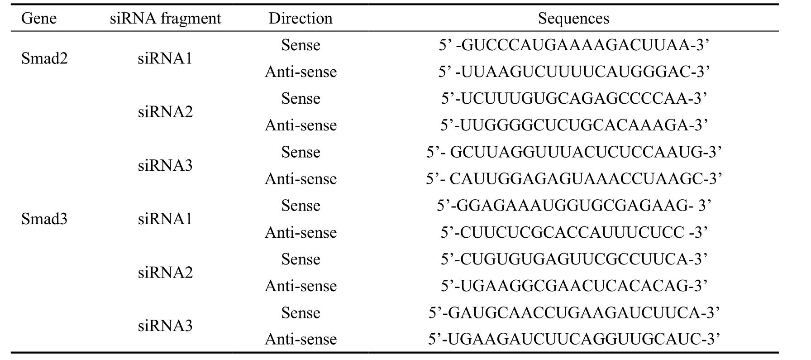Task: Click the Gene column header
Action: (39, 19)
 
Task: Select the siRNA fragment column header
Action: (166, 19)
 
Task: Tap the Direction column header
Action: (301, 19)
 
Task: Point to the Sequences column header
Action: (573, 19)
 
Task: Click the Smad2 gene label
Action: (44, 58)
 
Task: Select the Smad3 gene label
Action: (44, 219)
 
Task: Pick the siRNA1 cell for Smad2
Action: (165, 58)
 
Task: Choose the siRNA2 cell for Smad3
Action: (165, 273)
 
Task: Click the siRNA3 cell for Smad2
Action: (165, 165)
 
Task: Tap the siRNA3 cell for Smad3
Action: (165, 326)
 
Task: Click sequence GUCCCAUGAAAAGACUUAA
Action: (573, 45)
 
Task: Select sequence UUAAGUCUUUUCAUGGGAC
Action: (573, 72)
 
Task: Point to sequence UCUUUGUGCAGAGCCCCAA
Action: (573, 99)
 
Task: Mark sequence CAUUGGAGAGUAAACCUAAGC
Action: (573, 179)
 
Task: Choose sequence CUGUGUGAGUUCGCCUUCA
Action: (573, 259)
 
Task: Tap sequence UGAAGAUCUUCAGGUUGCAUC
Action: (573, 339)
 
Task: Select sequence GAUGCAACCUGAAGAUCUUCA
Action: (573, 313)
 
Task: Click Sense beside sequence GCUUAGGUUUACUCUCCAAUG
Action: (301, 152)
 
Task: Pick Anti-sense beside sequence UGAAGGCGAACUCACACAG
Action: (301, 286)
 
